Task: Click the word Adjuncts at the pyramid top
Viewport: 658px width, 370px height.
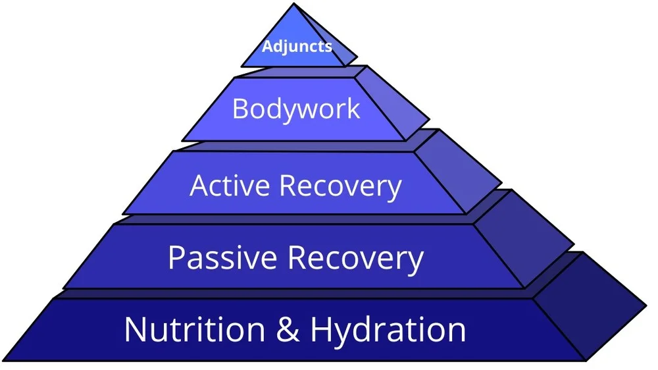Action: pyautogui.click(x=297, y=47)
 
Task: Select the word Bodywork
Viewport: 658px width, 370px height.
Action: pyautogui.click(x=296, y=108)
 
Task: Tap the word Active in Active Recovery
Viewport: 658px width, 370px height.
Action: pyautogui.click(x=230, y=186)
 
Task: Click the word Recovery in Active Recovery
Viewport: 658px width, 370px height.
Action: pyautogui.click(x=340, y=186)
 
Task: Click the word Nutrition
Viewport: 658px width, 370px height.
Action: pyautogui.click(x=193, y=329)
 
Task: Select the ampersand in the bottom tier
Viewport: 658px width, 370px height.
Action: pyautogui.click(x=288, y=329)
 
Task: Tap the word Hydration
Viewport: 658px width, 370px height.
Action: pyautogui.click(x=388, y=329)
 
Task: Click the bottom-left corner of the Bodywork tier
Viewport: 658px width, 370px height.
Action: pyautogui.click(x=182, y=140)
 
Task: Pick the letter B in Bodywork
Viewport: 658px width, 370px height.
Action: pyautogui.click(x=241, y=108)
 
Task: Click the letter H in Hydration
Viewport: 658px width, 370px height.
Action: pyautogui.click(x=321, y=329)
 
